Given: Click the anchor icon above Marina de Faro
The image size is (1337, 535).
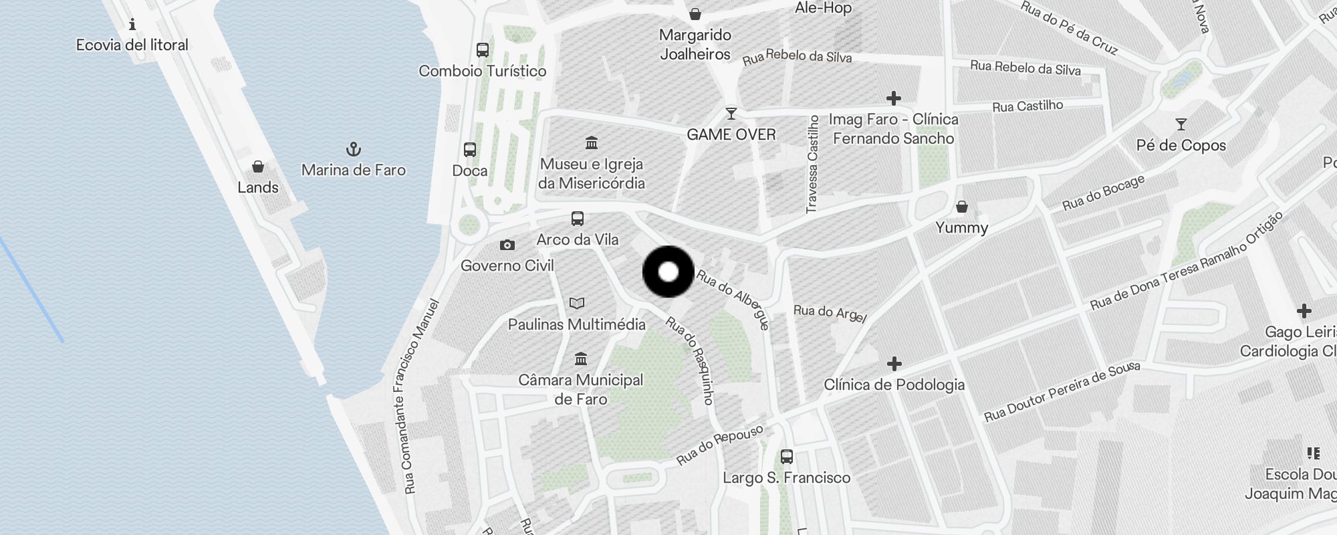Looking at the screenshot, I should click(353, 148).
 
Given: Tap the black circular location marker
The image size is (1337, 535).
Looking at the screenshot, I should click(668, 272).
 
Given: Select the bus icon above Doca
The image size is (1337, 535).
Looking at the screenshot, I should click(470, 150).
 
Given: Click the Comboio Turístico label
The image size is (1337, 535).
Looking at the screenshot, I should click(482, 71).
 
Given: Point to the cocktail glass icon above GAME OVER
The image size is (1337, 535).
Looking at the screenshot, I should click(731, 114).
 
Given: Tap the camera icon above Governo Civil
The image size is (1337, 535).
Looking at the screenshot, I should click(507, 245).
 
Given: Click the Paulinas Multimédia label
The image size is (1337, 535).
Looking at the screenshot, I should click(576, 324).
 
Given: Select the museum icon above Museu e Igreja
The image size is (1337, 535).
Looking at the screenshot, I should click(591, 142).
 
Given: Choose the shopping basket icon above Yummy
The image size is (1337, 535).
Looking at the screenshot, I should click(961, 207).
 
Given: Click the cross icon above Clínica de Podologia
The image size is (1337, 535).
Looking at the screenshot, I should click(894, 364).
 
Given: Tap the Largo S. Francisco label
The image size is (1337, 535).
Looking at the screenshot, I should click(786, 477).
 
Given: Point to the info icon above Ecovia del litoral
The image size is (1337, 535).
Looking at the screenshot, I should click(132, 25).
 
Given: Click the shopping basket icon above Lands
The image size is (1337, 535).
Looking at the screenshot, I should click(258, 167).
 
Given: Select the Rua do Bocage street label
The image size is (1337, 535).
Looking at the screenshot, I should click(1104, 193).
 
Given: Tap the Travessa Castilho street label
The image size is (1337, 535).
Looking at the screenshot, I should click(813, 165).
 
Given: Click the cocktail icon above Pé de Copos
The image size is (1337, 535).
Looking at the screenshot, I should click(1181, 124).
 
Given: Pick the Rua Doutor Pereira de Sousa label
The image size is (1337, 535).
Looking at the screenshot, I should click(1062, 393).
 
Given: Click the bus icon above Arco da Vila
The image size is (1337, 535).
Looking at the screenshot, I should click(577, 219).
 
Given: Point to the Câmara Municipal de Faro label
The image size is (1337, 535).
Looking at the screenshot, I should click(581, 389).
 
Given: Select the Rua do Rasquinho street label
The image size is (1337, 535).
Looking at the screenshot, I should click(691, 360).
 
